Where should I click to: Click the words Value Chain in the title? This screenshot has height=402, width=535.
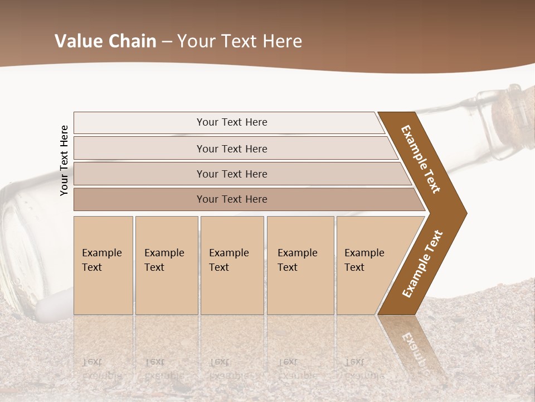point(105,41)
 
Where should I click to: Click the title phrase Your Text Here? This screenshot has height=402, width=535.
point(240,41)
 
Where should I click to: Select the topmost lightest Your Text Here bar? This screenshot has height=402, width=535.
point(231,122)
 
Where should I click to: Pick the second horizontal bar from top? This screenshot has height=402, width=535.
point(231,149)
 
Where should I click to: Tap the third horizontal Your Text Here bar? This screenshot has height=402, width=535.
point(231,174)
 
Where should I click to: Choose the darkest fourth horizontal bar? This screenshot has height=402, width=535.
point(231,199)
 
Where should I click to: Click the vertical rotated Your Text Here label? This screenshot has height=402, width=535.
point(64,160)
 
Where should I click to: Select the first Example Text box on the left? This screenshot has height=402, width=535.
point(103,265)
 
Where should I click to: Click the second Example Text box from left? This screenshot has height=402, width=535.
point(166,265)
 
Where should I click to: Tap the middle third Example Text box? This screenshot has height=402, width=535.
point(232,265)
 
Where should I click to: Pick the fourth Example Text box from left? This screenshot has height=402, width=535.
point(300,265)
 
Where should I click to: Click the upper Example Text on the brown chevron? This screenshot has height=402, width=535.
point(421,159)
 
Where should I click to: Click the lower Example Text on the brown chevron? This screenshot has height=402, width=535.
point(422,264)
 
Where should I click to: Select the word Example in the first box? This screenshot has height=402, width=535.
point(101,253)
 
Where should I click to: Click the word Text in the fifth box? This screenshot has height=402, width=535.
point(354,267)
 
